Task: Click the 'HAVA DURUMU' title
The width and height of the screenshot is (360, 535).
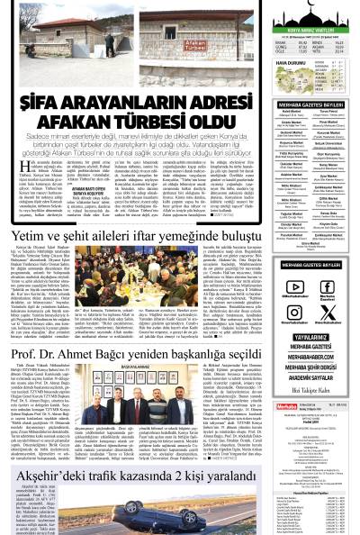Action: coord(274,63)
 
